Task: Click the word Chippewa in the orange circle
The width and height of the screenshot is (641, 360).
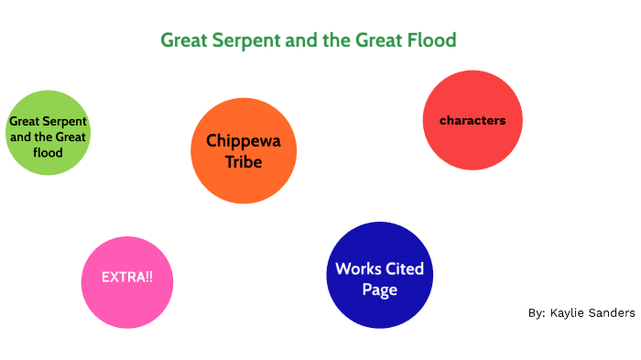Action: point(244,141)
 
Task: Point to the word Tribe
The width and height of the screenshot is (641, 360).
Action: point(244,162)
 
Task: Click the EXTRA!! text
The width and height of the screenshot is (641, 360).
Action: point(127,277)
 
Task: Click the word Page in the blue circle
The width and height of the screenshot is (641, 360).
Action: point(379,290)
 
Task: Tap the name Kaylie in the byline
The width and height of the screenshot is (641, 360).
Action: point(569,313)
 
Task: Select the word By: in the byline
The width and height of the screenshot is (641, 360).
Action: point(538,313)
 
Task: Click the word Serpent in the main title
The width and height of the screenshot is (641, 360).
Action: point(246,40)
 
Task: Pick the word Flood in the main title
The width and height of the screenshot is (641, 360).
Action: point(431,40)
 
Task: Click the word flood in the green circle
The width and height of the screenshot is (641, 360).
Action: point(49,153)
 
